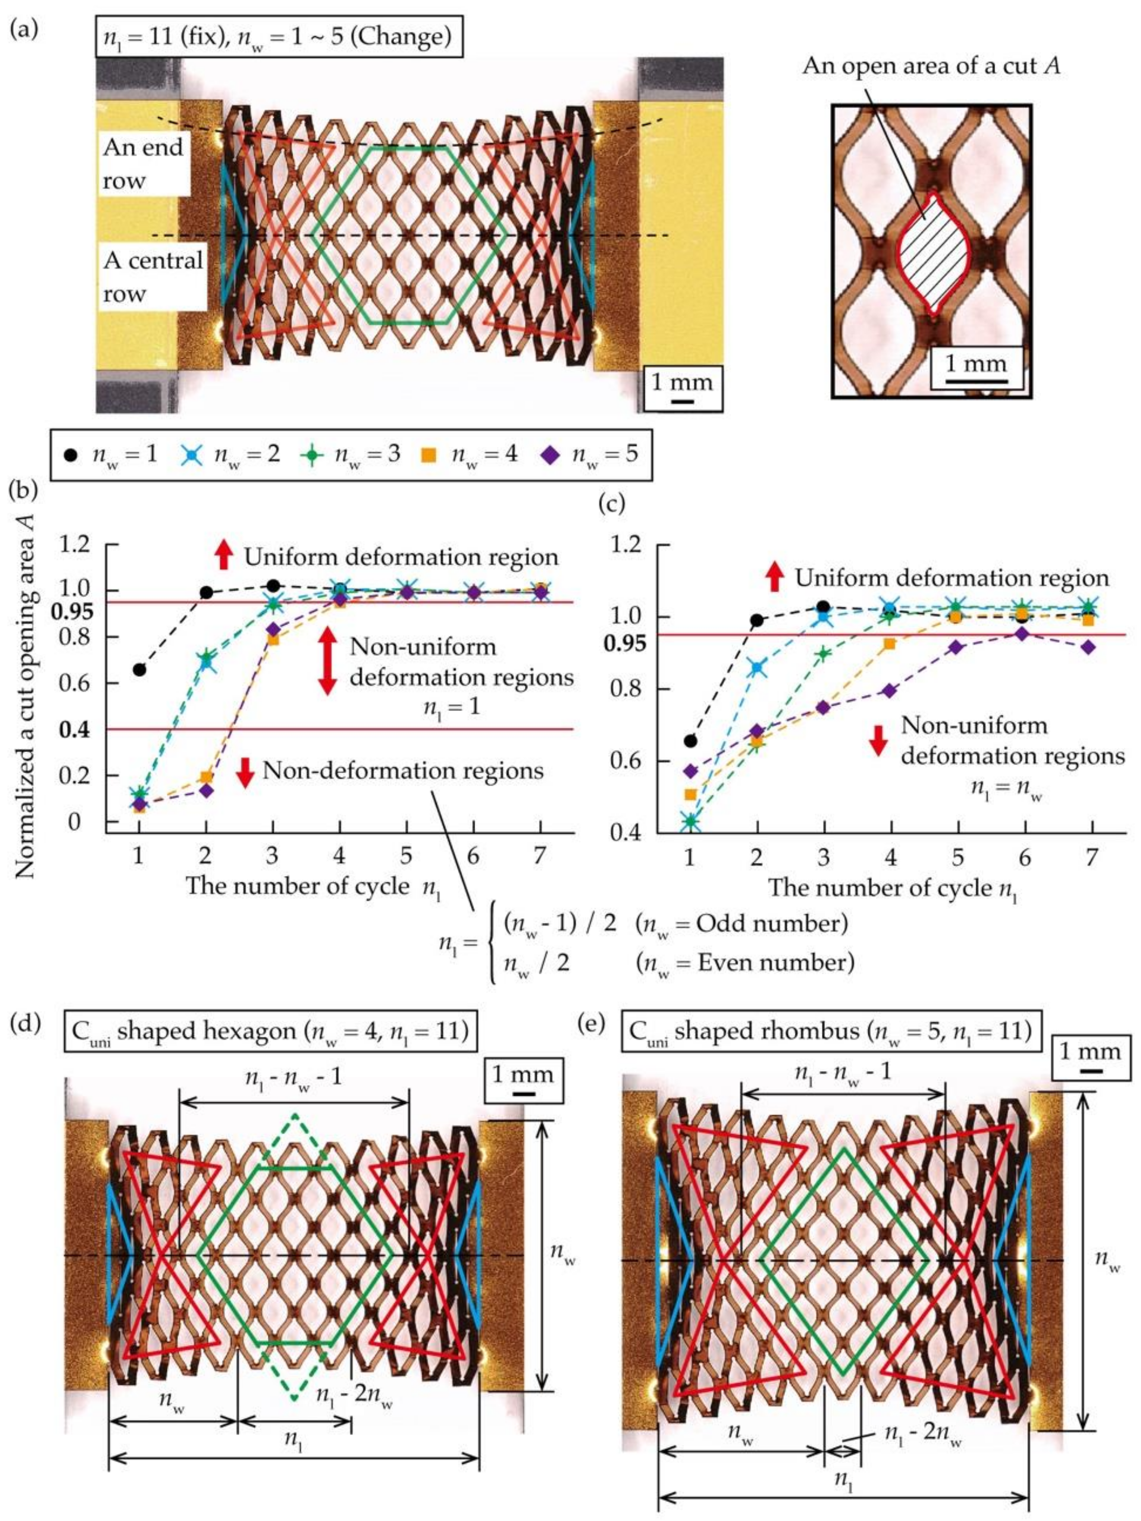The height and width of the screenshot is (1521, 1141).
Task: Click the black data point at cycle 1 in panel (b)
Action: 140,669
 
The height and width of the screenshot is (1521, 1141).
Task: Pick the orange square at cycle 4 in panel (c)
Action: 890,644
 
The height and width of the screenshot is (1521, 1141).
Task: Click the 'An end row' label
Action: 143,164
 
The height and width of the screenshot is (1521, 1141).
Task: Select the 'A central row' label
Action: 153,277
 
